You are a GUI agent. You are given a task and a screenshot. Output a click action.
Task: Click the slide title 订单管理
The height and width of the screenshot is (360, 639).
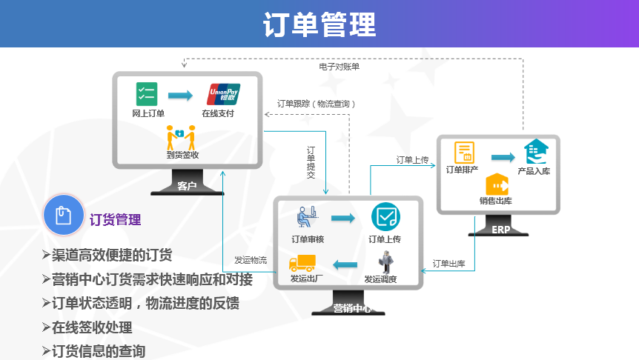coord(319,24)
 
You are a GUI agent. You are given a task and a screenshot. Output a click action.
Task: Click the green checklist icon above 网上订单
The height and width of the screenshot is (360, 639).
coord(147,94)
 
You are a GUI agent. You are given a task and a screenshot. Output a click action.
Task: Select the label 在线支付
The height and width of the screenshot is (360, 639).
coord(218,113)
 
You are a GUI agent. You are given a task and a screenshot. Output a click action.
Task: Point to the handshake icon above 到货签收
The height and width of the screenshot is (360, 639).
coord(181,137)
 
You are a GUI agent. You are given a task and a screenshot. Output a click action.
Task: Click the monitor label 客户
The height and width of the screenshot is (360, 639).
coord(187,186)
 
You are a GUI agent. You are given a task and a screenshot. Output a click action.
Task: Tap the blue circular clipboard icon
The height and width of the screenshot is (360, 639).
coord(63,216)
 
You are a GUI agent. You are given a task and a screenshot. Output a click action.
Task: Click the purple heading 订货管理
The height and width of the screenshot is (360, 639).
coord(115,220)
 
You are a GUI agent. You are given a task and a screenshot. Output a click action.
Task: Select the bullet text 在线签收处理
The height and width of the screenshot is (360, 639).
coord(92,327)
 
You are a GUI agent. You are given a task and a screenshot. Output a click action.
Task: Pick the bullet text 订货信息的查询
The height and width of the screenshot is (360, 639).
coord(99,350)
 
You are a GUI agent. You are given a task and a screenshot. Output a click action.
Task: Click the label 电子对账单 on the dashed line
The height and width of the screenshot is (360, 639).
coord(339,67)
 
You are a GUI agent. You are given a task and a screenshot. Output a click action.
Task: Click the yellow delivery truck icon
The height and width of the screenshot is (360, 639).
coord(302,263)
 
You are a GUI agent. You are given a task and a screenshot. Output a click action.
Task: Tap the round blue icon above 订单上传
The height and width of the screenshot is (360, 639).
coord(385,217)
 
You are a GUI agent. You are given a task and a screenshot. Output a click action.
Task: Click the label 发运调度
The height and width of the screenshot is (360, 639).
coord(380,279)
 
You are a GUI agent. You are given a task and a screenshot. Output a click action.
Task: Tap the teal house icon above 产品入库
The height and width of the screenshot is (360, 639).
coord(535,153)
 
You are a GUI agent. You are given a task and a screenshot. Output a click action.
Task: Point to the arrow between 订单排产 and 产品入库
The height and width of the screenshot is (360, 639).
coord(503,157)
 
